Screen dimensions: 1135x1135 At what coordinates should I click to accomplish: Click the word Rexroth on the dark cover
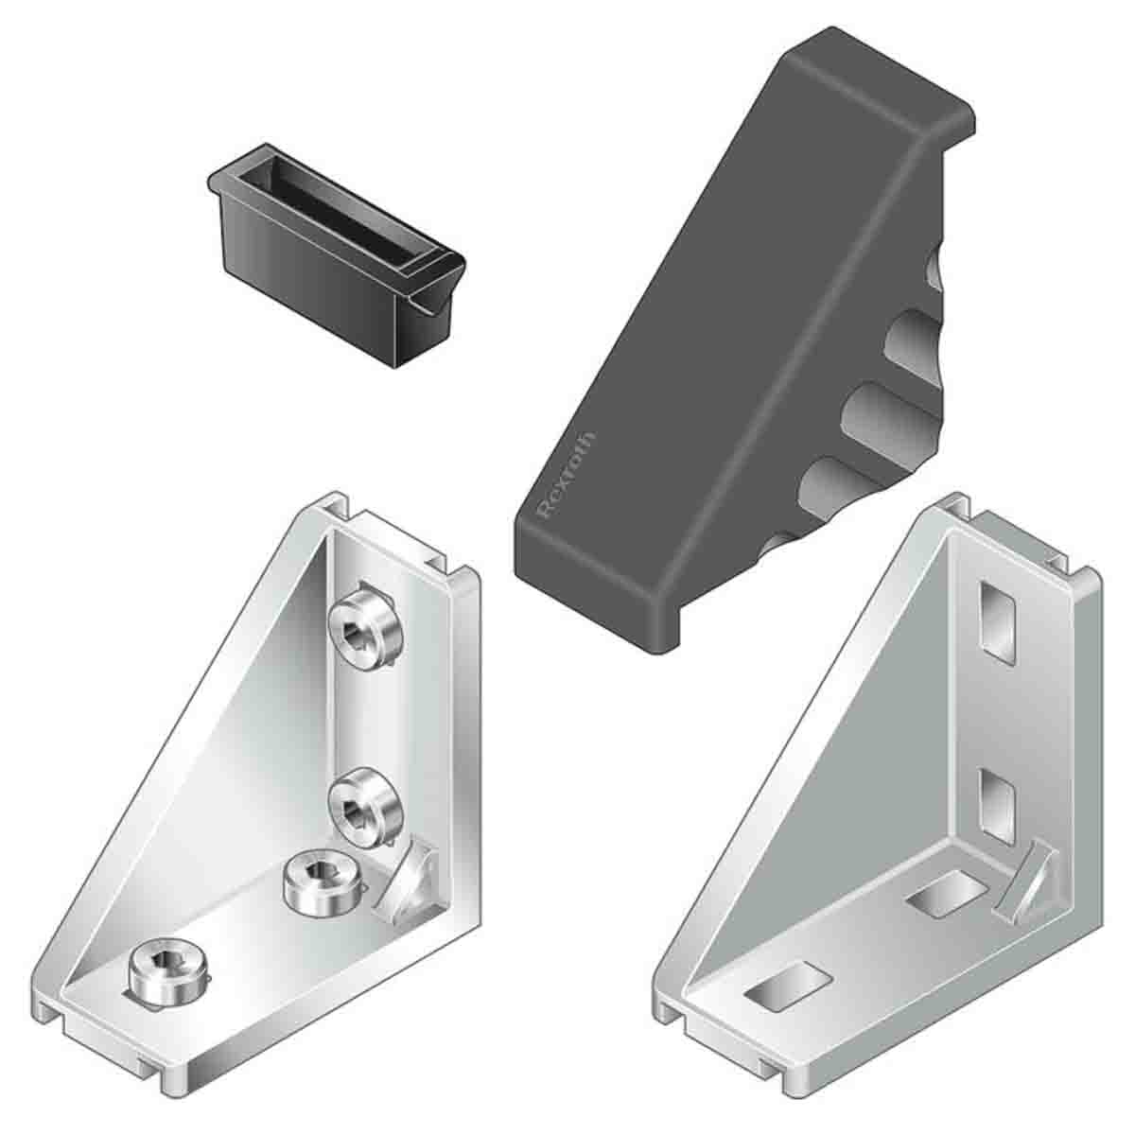(x=567, y=475)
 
